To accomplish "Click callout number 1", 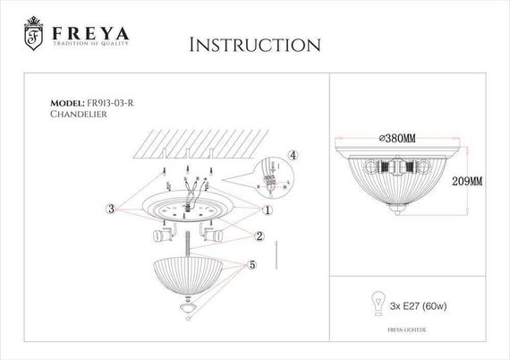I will (268, 210).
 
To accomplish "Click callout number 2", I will (259, 236).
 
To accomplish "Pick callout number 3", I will (110, 209).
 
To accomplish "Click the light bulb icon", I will (378, 302).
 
